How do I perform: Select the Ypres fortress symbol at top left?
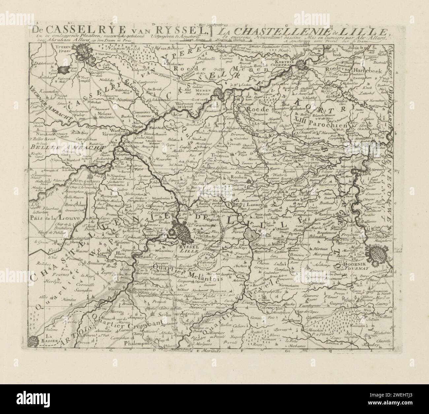[x=81, y=50]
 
